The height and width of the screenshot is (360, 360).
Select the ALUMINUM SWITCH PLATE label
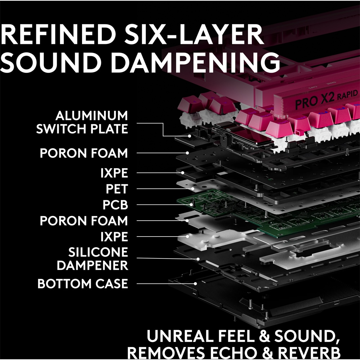(x=82, y=122)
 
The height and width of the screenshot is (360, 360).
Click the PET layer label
(x=117, y=189)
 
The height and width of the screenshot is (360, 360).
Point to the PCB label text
(x=115, y=204)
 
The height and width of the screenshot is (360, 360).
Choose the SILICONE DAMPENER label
(x=92, y=259)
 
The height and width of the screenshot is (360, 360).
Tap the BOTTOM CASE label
(x=83, y=284)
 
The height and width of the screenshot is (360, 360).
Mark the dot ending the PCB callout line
(x=191, y=204)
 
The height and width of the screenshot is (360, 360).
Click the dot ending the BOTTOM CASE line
(x=195, y=284)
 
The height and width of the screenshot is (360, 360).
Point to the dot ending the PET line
(x=193, y=189)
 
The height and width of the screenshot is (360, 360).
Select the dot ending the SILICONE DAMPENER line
(x=198, y=259)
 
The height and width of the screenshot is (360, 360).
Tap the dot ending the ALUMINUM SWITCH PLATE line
(x=189, y=136)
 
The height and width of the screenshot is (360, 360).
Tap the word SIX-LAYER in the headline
(x=194, y=35)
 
